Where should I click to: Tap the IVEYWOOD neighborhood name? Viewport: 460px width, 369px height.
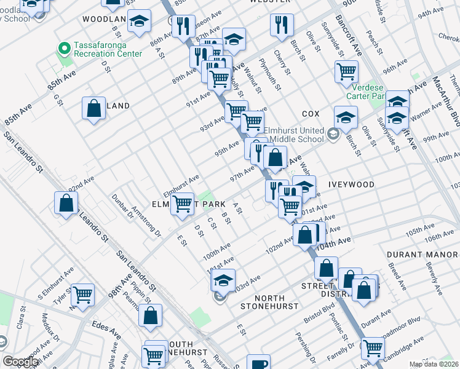click(352, 184)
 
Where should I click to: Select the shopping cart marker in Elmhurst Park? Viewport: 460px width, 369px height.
click(182, 204)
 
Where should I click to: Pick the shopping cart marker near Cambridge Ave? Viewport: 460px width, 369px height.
click(373, 347)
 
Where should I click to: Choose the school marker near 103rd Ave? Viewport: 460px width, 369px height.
click(223, 280)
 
